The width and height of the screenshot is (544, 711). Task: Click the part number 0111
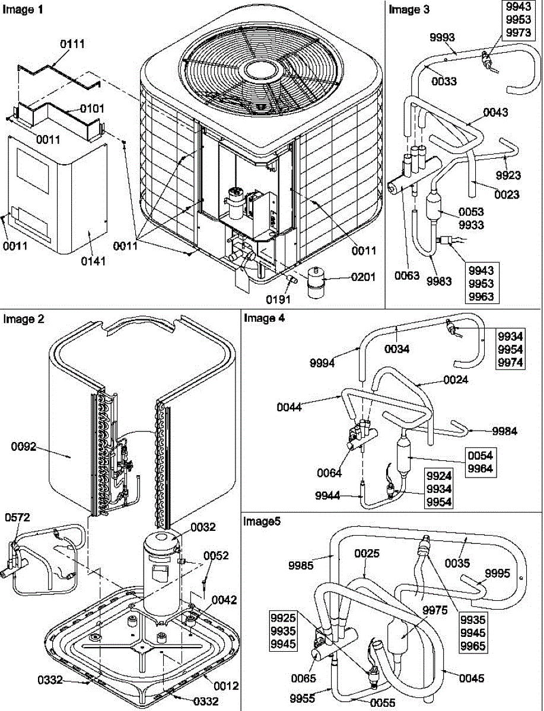pos(72,44)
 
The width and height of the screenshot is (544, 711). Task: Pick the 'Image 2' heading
pos(24,319)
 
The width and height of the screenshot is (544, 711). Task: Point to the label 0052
pos(216,556)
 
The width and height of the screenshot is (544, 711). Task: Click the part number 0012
pos(226,686)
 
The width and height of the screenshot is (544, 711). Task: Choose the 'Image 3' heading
pos(409,9)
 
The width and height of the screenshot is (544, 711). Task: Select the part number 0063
pos(405,275)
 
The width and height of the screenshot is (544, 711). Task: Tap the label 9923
pos(508,175)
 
